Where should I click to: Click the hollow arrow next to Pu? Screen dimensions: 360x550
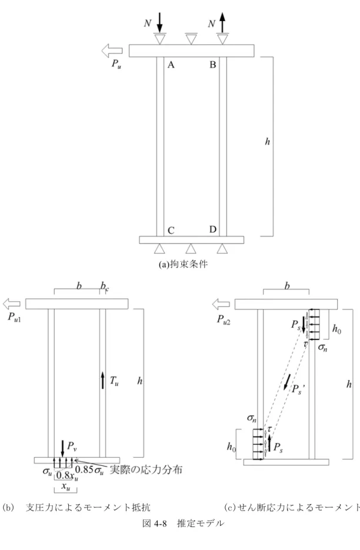pyautogui.click(x=112, y=51)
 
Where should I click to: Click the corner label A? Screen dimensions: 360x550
pyautogui.click(x=171, y=65)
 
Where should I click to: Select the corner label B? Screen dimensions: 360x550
pyautogui.click(x=213, y=65)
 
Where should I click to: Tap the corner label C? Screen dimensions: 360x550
pyautogui.click(x=171, y=231)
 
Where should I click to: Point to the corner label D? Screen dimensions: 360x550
pyautogui.click(x=213, y=229)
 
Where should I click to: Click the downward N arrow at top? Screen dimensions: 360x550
pyautogui.click(x=159, y=23)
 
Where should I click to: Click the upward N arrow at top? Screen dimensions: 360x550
pyautogui.click(x=222, y=22)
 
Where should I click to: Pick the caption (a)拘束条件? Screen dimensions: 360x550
pyautogui.click(x=183, y=264)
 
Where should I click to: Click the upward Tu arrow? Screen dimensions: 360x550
pyautogui.click(x=102, y=380)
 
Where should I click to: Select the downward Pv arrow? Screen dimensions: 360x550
pyautogui.click(x=62, y=449)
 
